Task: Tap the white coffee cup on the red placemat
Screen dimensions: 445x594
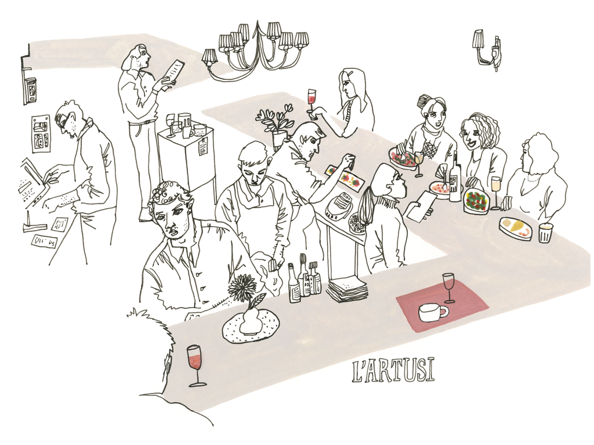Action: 431,312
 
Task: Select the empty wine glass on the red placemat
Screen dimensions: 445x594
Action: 448,287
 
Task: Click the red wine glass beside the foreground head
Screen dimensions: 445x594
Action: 195,363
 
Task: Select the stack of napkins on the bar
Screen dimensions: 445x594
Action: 346,287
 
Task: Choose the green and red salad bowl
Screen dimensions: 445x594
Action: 476,202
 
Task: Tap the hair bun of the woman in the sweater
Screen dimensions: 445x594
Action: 423,101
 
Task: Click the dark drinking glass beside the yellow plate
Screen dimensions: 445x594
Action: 545,233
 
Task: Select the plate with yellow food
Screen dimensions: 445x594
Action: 515,228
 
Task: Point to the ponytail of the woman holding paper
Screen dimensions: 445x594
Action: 365,207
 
